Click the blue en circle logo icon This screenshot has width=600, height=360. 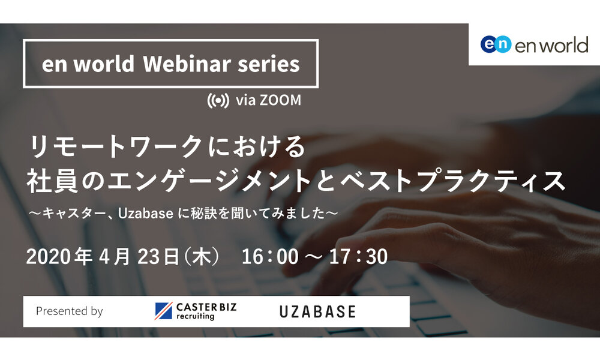pos(496,44)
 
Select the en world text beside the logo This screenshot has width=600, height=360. pos(551,45)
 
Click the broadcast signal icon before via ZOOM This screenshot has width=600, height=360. pos(218,101)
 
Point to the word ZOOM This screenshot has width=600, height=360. pos(280,100)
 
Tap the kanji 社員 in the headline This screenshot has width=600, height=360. pos(52,181)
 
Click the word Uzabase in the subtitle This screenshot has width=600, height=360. pos(145,214)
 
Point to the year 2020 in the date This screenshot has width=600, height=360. pos(49,257)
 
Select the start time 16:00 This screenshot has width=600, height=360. pos(270,257)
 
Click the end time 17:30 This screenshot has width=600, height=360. pos(358,257)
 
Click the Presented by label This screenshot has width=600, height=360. pos(69,311)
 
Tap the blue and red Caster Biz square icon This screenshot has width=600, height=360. pos(163,311)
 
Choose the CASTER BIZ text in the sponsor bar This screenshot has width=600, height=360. pos(206,307)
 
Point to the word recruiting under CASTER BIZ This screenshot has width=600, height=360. pos(195,316)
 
